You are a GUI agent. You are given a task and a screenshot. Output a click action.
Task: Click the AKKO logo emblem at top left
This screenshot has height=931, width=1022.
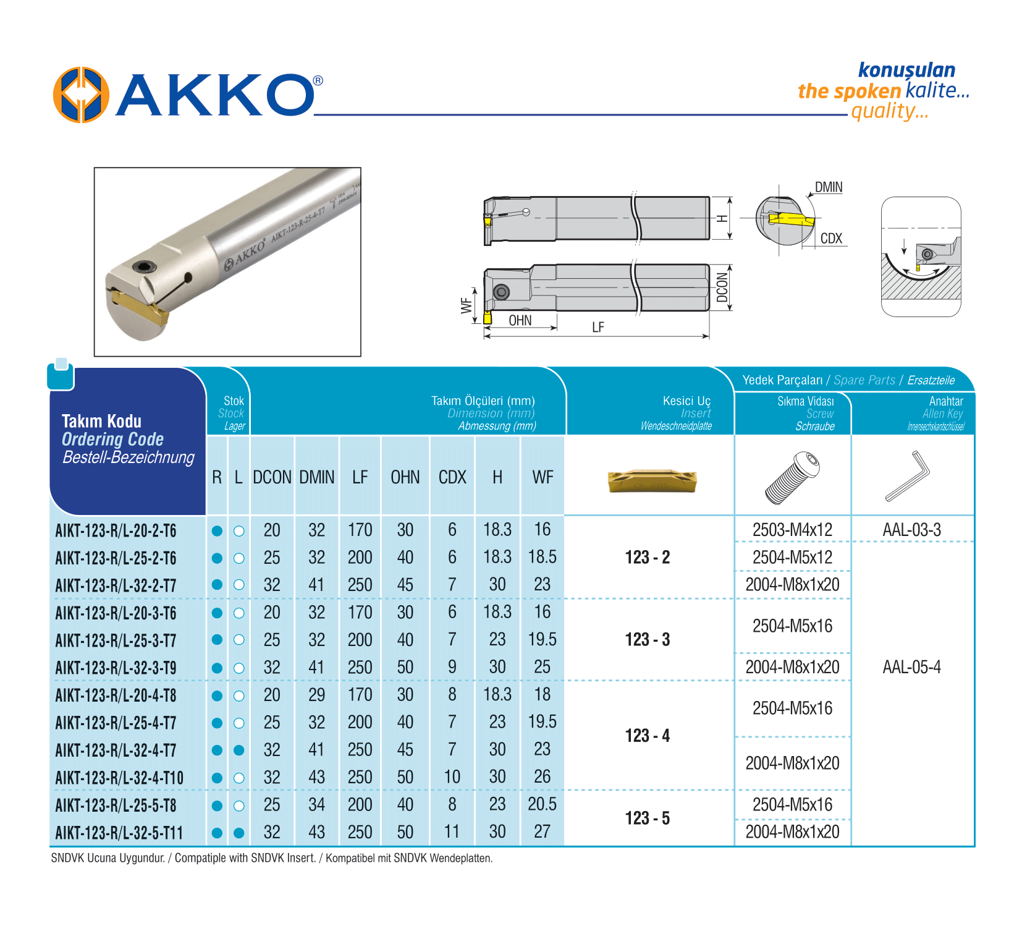pyautogui.click(x=81, y=95)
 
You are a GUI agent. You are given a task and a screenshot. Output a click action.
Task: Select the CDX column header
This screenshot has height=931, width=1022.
pyautogui.click(x=452, y=477)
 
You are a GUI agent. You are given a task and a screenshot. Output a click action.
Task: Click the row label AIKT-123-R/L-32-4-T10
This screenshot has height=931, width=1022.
pyautogui.click(x=119, y=778)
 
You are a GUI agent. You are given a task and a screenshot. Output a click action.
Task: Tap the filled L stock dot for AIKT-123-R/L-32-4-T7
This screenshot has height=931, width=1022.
pyautogui.click(x=239, y=750)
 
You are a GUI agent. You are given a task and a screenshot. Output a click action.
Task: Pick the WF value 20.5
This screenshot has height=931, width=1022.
pyautogui.click(x=542, y=804)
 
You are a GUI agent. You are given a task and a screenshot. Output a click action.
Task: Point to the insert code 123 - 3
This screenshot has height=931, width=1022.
pyautogui.click(x=648, y=639)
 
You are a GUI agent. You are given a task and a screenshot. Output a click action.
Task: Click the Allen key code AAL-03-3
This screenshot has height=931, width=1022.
pyautogui.click(x=911, y=530)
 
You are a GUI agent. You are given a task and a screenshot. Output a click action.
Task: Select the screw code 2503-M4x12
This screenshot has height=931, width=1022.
pyautogui.click(x=792, y=530)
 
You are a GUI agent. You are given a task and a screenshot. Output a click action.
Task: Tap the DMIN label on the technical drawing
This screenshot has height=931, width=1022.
pyautogui.click(x=828, y=187)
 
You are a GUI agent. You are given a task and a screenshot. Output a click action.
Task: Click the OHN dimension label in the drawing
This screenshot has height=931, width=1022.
pyautogui.click(x=520, y=320)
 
